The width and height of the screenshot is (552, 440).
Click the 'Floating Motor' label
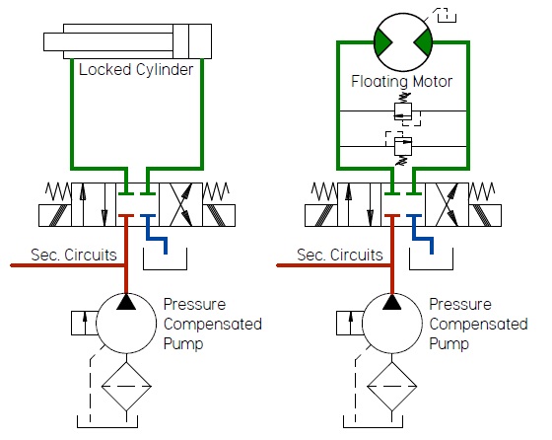[x=401, y=81]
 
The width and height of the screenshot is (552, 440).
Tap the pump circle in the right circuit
[x=392, y=323]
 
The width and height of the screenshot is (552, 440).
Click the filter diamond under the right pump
[x=392, y=386]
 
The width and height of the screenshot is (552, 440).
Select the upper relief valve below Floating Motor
[x=402, y=110]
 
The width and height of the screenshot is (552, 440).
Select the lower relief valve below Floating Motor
[x=402, y=145]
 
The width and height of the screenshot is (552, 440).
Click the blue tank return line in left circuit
[x=157, y=235]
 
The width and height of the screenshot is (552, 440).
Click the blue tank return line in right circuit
[x=422, y=235]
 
